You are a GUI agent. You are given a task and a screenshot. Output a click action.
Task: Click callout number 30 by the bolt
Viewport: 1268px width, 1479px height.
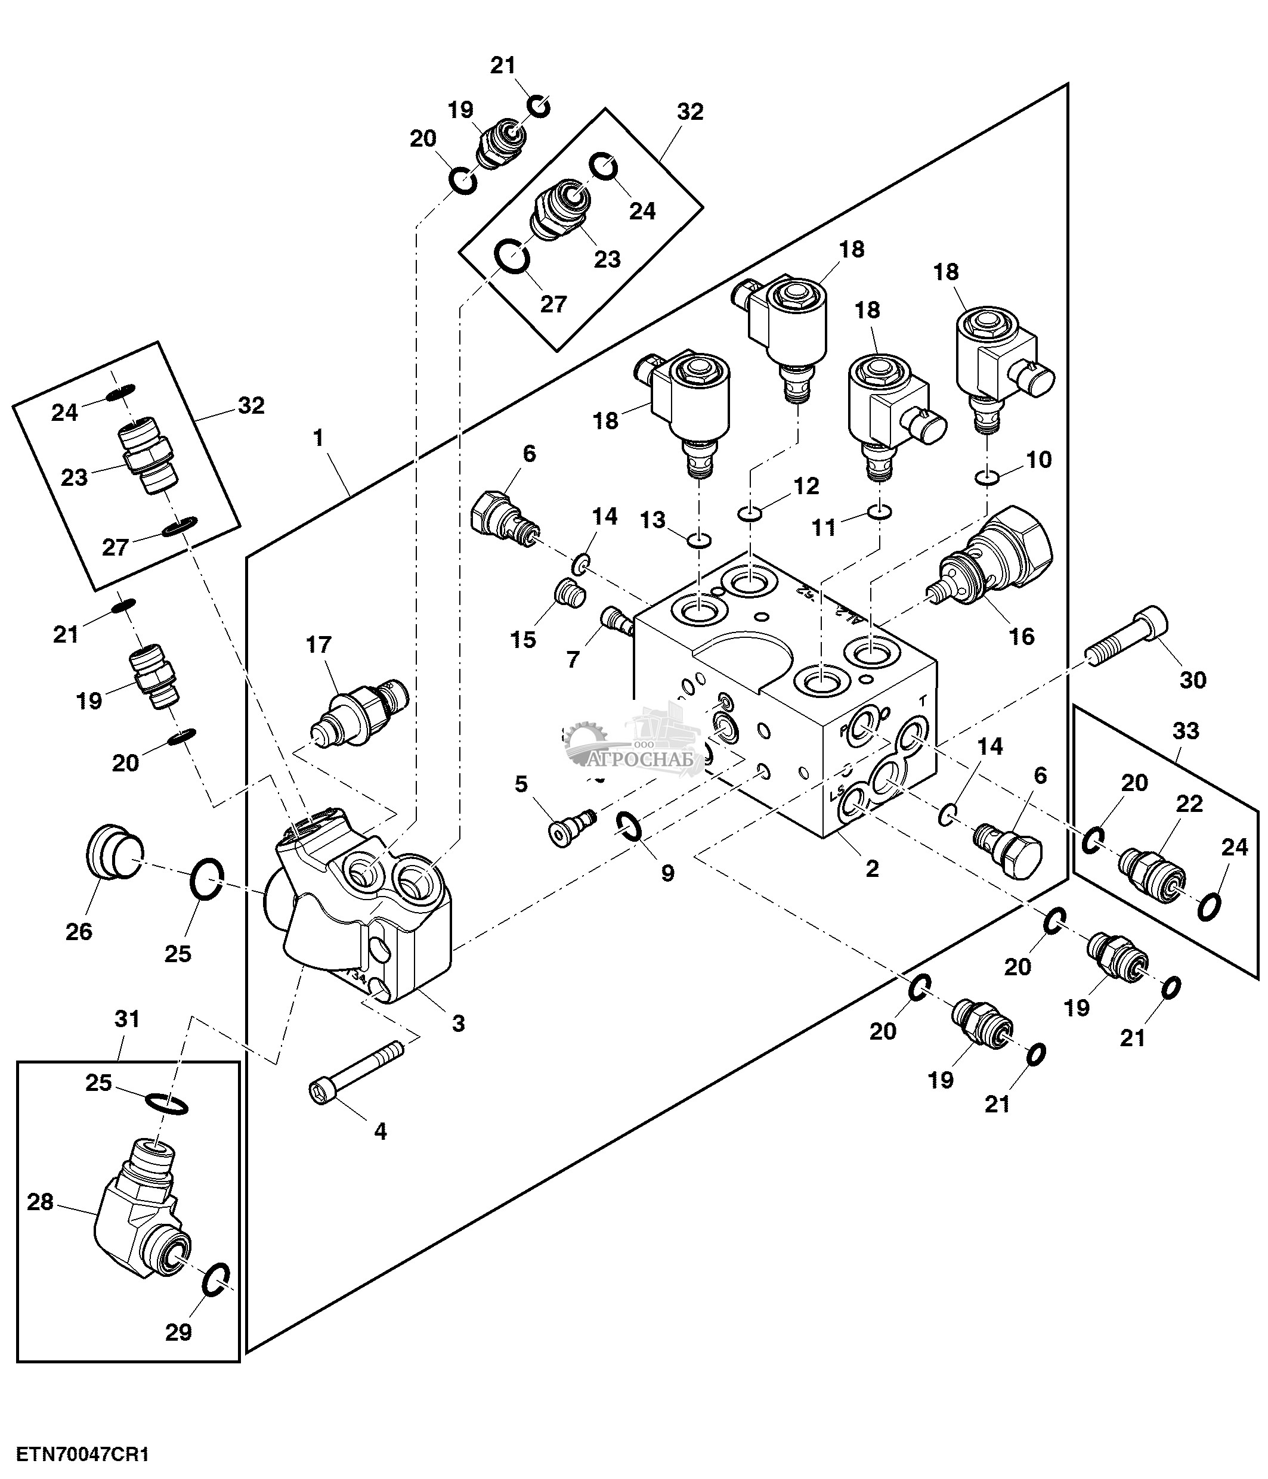pyautogui.click(x=1192, y=679)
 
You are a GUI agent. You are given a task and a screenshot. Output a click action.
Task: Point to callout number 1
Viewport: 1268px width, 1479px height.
pyautogui.click(x=318, y=438)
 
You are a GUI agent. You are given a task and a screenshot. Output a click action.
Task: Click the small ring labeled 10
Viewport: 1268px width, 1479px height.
pyautogui.click(x=986, y=477)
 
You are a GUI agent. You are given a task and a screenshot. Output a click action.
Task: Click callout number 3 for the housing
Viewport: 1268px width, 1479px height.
pyautogui.click(x=457, y=1023)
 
